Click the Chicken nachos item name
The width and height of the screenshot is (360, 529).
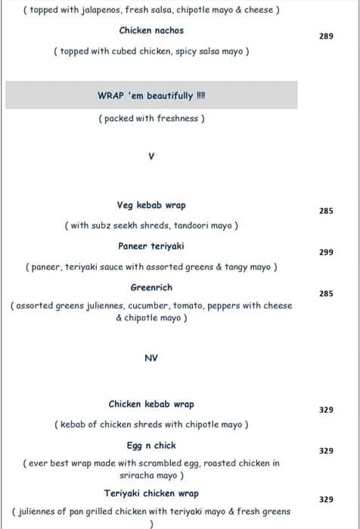[151, 31]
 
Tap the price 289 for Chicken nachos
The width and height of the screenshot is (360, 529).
[326, 36]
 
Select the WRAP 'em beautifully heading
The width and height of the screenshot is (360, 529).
[151, 96]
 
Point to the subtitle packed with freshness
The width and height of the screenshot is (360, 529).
[151, 119]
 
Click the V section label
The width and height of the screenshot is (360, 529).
[151, 156]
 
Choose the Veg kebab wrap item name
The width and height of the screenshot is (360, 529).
[151, 206]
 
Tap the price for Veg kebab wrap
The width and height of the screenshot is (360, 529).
[326, 212]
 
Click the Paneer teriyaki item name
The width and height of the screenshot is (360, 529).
[151, 246]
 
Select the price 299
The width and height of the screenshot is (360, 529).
[326, 252]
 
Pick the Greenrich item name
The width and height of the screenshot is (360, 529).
[151, 287]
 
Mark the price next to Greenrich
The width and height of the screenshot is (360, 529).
[326, 293]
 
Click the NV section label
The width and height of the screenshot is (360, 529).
[151, 358]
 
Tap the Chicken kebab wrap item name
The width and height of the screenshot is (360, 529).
[151, 404]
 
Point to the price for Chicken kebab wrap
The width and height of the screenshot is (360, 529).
[326, 410]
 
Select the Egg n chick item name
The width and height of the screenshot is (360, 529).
[151, 446]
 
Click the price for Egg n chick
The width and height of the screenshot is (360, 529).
[326, 451]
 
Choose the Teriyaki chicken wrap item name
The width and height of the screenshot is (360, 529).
[151, 493]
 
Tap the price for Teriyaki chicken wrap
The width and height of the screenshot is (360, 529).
[326, 500]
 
